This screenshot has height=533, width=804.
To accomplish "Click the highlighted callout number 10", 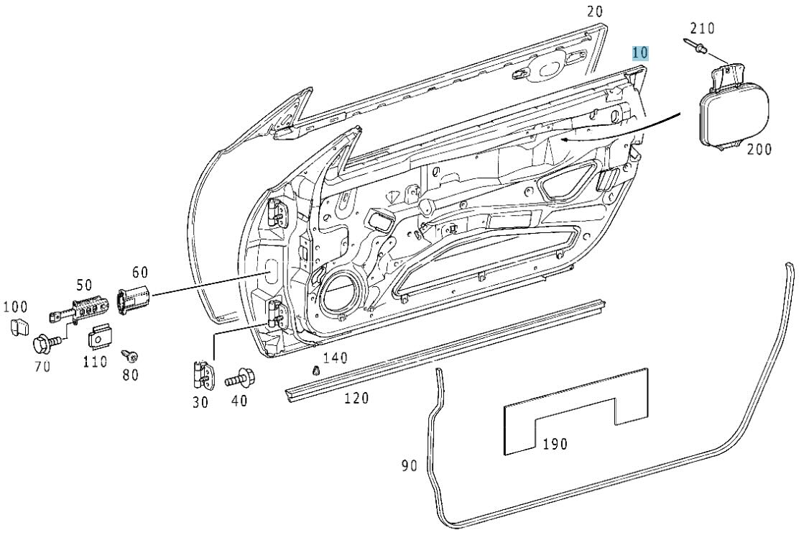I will pyautogui.click(x=640, y=53).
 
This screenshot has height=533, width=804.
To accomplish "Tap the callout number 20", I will pyautogui.click(x=595, y=11).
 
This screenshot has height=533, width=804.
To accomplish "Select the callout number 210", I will pyautogui.click(x=702, y=29).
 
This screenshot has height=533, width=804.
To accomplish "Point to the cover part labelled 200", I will pyautogui.click(x=733, y=108).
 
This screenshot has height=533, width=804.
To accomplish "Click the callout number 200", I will pyautogui.click(x=758, y=150).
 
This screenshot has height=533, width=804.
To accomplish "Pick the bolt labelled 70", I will pyautogui.click(x=43, y=343).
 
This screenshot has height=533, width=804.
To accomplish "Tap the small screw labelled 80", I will pyautogui.click(x=130, y=355).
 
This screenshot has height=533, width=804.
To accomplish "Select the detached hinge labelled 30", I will pyautogui.click(x=203, y=373).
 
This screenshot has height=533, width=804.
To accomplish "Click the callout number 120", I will pyautogui.click(x=356, y=398).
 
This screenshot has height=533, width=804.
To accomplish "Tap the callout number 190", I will pyautogui.click(x=554, y=444).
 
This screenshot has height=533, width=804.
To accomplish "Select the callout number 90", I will pyautogui.click(x=409, y=466).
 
